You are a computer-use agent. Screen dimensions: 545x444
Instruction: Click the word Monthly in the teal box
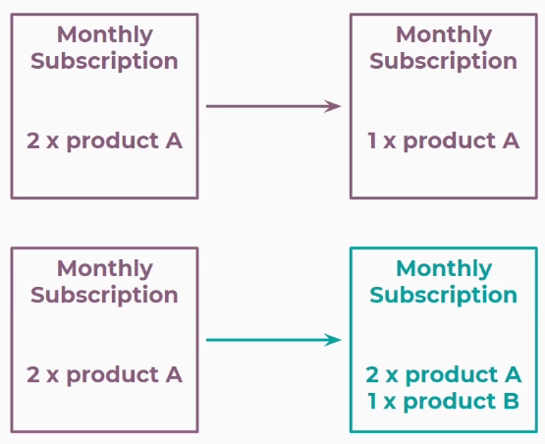[444, 269]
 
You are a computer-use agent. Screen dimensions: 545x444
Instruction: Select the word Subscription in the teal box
[444, 296]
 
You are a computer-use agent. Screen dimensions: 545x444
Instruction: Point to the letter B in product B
[512, 401]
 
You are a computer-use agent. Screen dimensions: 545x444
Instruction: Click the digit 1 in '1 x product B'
[371, 401]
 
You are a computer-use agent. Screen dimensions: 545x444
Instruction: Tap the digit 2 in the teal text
[372, 374]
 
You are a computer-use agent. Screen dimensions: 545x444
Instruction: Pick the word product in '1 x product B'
[450, 403]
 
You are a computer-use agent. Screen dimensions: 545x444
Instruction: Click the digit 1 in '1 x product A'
[371, 140]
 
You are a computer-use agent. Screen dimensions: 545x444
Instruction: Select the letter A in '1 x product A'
[511, 140]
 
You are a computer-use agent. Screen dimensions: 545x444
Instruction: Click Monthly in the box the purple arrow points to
[444, 35]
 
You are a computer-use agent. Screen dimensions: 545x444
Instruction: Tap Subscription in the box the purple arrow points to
[444, 61]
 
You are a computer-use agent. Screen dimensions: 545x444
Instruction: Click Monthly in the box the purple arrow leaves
[105, 35]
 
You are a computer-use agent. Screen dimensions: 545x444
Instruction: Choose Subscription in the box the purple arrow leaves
[105, 61]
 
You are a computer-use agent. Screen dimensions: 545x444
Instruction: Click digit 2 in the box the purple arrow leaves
[32, 140]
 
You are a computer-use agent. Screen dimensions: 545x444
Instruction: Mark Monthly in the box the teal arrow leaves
[105, 269]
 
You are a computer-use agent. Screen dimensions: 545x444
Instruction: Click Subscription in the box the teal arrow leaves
[105, 296]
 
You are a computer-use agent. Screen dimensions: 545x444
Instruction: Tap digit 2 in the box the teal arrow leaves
[32, 374]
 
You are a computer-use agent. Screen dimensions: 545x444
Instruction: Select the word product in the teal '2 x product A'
[452, 376]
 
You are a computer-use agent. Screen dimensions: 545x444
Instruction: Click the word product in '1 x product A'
[450, 142]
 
